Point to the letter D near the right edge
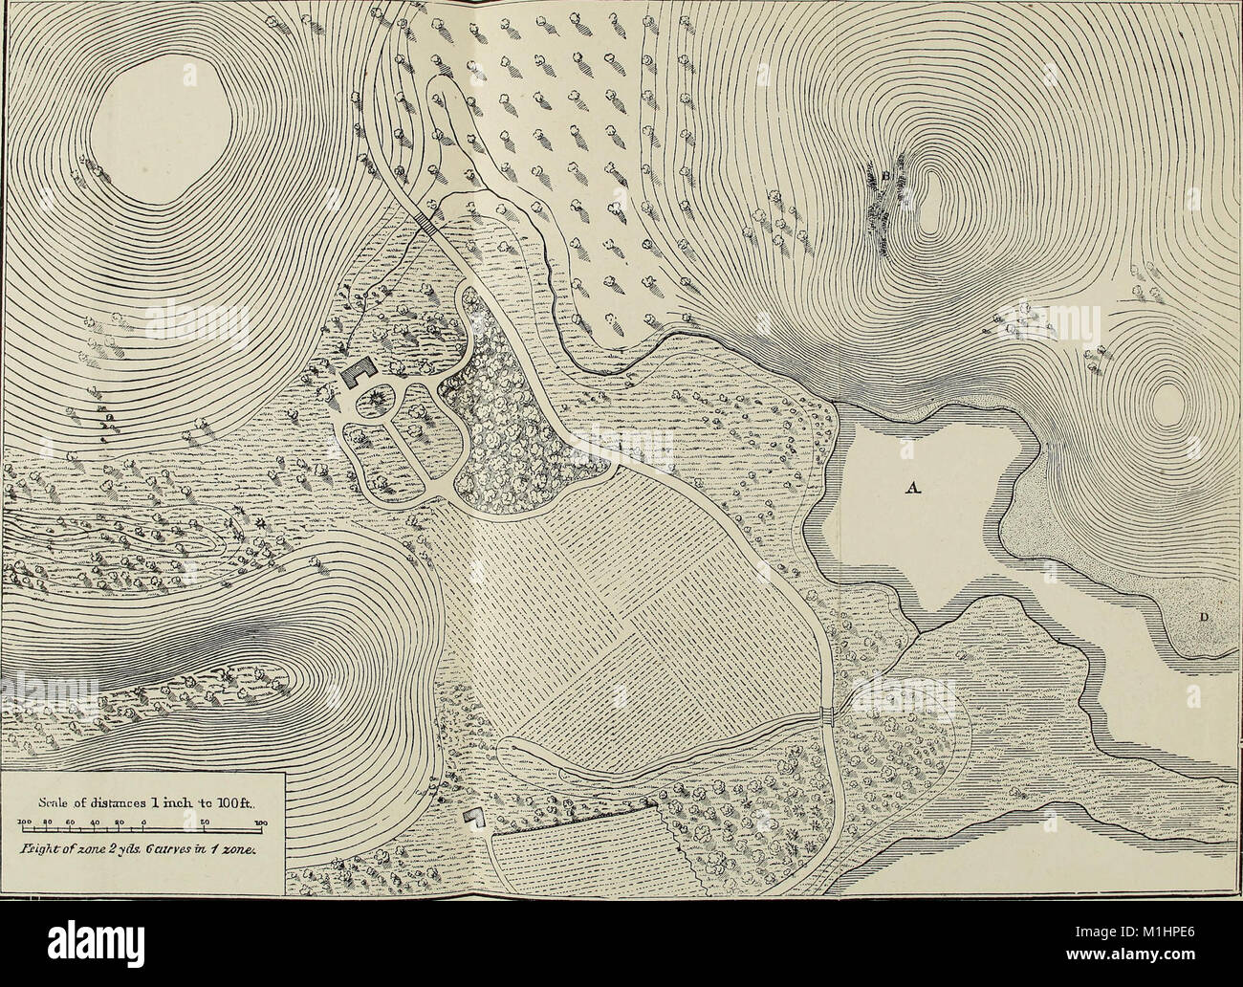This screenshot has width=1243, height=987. [x=1204, y=618]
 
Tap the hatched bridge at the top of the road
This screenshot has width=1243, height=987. [x=427, y=223]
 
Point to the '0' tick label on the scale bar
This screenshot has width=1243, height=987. [x=142, y=822]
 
